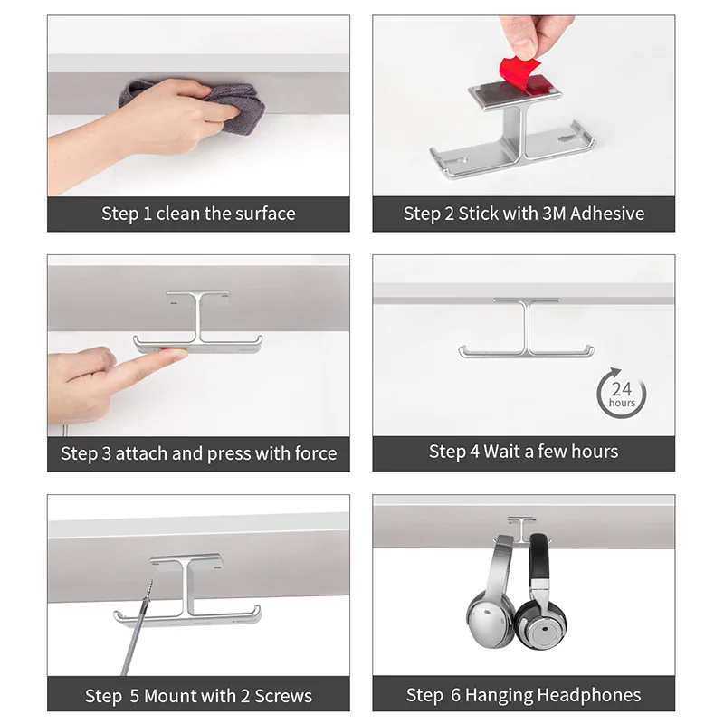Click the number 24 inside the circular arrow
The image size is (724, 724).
[622, 389]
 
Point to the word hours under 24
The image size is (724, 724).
[622, 403]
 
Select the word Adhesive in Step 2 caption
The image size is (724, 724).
[606, 214]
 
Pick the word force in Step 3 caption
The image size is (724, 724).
[315, 453]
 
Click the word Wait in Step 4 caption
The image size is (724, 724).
[501, 452]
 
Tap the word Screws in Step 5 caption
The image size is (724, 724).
[283, 696]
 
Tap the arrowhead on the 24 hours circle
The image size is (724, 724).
[614, 372]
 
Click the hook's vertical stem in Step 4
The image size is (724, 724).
[527, 327]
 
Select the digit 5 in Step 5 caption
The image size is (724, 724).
[134, 696]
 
